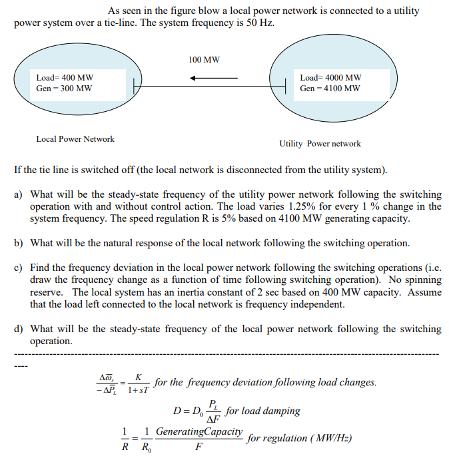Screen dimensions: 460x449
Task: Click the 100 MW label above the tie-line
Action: pyautogui.click(x=204, y=60)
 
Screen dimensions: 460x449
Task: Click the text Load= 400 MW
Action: pyautogui.click(x=65, y=78)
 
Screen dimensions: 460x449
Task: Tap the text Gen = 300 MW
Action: pyautogui.click(x=65, y=88)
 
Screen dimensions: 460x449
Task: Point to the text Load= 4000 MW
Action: pyautogui.click(x=330, y=78)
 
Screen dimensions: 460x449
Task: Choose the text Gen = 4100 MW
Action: pyautogui.click(x=330, y=88)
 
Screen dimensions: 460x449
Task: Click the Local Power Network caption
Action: pyautogui.click(x=75, y=139)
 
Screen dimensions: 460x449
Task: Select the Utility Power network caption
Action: pyautogui.click(x=320, y=143)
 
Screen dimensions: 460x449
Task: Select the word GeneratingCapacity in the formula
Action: pyautogui.click(x=199, y=432)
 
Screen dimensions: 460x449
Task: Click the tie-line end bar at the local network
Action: pyautogui.click(x=134, y=85)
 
